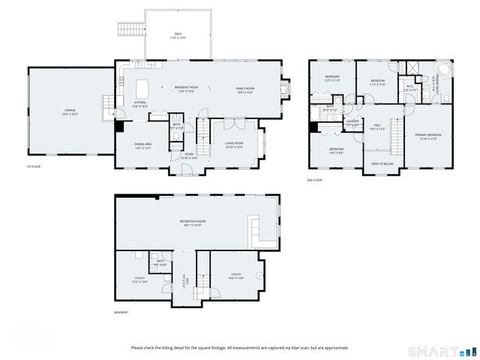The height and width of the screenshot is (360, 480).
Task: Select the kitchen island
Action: [143, 87]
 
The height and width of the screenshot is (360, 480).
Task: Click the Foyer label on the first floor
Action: [179, 156]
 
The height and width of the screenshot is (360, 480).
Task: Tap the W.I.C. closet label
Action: [410, 87]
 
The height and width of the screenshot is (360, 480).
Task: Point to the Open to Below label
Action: [382, 163]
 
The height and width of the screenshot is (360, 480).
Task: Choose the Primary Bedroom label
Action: [428, 136]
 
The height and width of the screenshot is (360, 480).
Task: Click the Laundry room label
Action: [352, 121]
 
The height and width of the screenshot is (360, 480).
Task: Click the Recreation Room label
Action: [193, 223]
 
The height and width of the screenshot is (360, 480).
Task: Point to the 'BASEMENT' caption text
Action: [121, 312]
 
